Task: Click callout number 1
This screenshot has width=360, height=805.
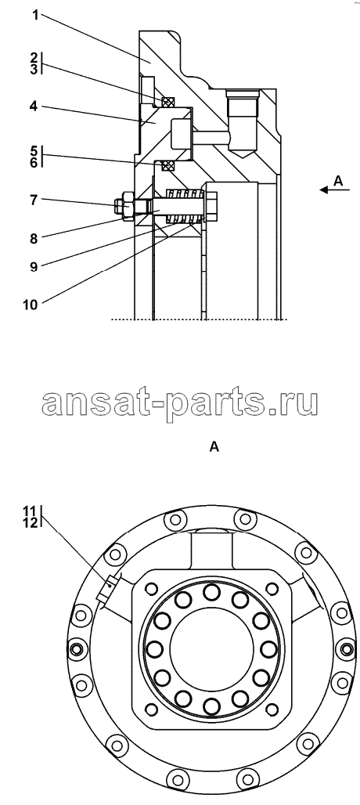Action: click(x=35, y=16)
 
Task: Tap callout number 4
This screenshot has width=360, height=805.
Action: click(x=34, y=106)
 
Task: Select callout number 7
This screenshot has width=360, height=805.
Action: click(x=34, y=200)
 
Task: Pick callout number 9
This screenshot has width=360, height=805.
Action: click(x=34, y=266)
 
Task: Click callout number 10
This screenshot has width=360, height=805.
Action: click(x=31, y=304)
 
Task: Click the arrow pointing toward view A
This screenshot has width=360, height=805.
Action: click(x=334, y=190)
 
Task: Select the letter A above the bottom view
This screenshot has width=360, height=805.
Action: click(x=214, y=447)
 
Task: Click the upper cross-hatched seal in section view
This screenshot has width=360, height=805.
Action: click(x=168, y=103)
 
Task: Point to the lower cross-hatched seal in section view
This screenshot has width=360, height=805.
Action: click(x=168, y=166)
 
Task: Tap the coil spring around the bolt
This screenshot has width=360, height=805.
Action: click(x=183, y=206)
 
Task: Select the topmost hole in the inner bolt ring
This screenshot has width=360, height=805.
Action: click(x=211, y=592)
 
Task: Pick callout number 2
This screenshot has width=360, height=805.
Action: click(x=34, y=57)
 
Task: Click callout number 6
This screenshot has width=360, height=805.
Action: click(x=34, y=163)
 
